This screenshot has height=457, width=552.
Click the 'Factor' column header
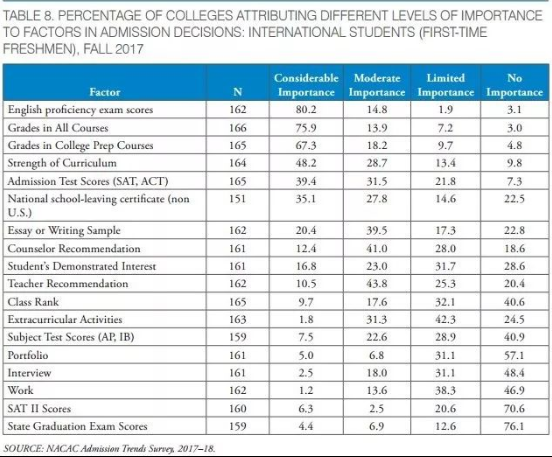[105, 92]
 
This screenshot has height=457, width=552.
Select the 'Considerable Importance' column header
[306, 85]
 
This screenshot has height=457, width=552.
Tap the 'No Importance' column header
[514, 85]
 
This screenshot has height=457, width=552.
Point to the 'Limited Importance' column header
[446, 85]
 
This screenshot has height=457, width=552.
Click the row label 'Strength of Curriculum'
[62, 163]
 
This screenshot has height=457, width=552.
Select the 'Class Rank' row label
[33, 302]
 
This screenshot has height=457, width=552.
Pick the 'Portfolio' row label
[28, 355]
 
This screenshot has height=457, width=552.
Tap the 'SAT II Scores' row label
[39, 408]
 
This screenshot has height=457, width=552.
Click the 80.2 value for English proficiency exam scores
[306, 109]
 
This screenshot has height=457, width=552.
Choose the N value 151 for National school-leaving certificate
[238, 199]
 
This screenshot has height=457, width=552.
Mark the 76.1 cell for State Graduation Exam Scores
[514, 426]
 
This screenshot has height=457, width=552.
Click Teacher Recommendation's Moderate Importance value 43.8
[377, 284]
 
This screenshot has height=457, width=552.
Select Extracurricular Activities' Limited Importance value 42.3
[445, 319]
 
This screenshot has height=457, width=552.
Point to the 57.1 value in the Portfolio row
[514, 355]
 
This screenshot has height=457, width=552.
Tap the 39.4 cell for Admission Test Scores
[306, 181]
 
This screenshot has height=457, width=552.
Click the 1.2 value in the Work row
[306, 390]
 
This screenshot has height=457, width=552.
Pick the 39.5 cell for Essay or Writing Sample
[377, 231]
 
